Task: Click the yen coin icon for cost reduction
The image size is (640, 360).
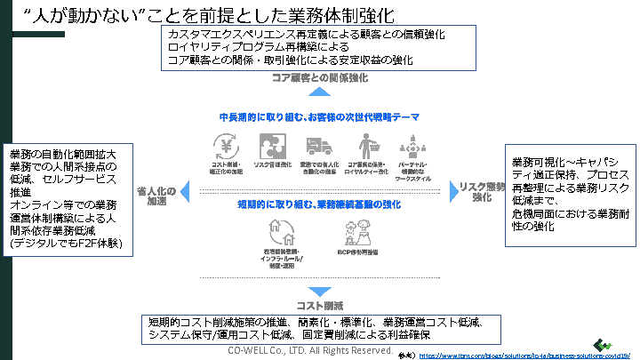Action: coord(224,145)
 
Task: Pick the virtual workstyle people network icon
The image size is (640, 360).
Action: coord(414,145)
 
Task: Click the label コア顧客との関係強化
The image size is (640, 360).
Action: coord(320,79)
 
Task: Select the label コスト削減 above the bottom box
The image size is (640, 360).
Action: coord(320,306)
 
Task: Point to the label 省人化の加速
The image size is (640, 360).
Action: coord(156,194)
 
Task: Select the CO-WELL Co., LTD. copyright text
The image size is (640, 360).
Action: coord(310,351)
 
